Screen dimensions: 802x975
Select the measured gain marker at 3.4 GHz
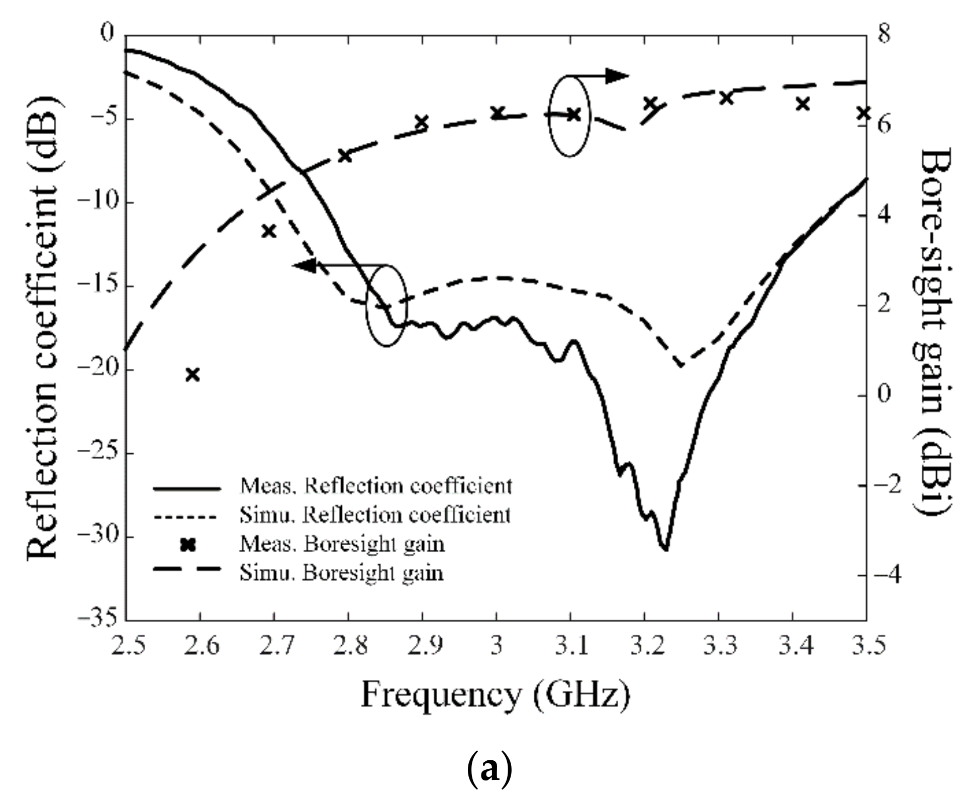(x=803, y=104)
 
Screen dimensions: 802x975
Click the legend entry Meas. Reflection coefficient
(x=376, y=486)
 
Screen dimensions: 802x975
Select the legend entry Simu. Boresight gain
(x=342, y=573)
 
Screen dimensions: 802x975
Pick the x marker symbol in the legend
(x=187, y=545)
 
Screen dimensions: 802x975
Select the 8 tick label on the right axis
(x=884, y=34)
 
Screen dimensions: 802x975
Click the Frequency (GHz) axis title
(x=495, y=695)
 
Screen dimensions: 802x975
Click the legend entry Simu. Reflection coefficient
(x=375, y=516)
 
